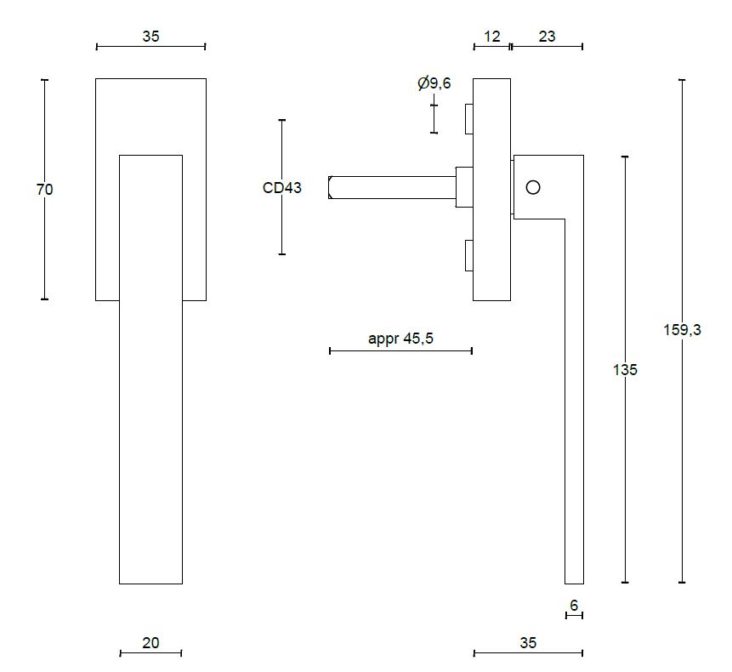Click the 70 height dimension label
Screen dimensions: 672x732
(45, 190)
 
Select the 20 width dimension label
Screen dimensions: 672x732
(150, 643)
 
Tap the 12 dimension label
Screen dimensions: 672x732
(492, 37)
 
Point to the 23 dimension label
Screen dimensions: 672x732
(547, 37)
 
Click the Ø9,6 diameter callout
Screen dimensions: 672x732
(434, 83)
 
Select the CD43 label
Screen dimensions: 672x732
(282, 188)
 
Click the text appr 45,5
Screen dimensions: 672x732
(400, 339)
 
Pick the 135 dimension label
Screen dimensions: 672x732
(625, 370)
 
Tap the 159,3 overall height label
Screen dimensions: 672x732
(682, 331)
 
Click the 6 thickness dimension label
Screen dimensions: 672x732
(574, 605)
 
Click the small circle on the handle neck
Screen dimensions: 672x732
(533, 187)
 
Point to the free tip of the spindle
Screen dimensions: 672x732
(332, 187)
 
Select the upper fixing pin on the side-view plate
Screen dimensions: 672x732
(468, 119)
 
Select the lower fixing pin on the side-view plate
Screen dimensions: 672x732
(468, 255)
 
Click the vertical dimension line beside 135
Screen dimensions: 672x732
(625, 476)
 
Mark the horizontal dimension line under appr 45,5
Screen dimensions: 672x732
(400, 350)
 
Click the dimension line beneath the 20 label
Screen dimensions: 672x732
(150, 653)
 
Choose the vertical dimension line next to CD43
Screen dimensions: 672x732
(282, 230)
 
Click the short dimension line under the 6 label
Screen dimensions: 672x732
(574, 615)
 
